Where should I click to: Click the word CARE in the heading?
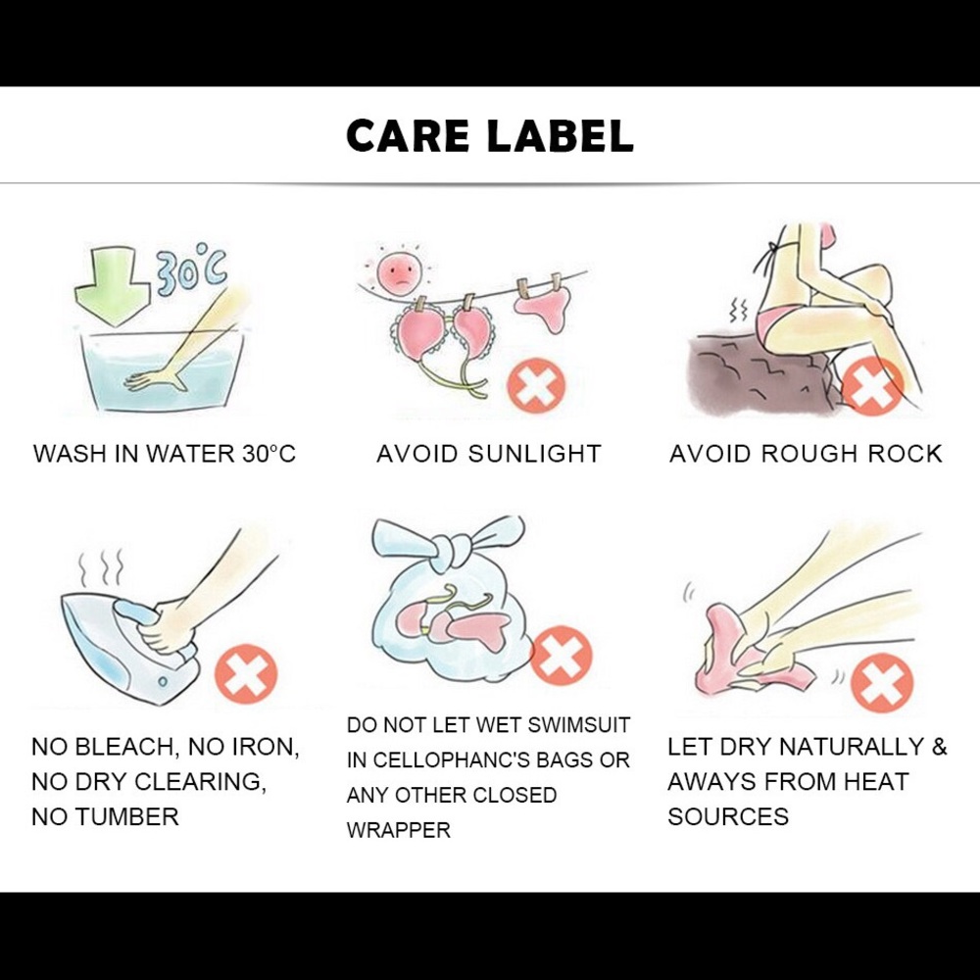[x=408, y=136]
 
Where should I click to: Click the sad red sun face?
[x=400, y=271]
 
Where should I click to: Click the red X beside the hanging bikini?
[x=536, y=384]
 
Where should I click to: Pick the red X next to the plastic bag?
[x=561, y=656]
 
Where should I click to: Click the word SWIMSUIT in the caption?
[x=578, y=725]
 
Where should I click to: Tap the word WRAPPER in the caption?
[x=399, y=830]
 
